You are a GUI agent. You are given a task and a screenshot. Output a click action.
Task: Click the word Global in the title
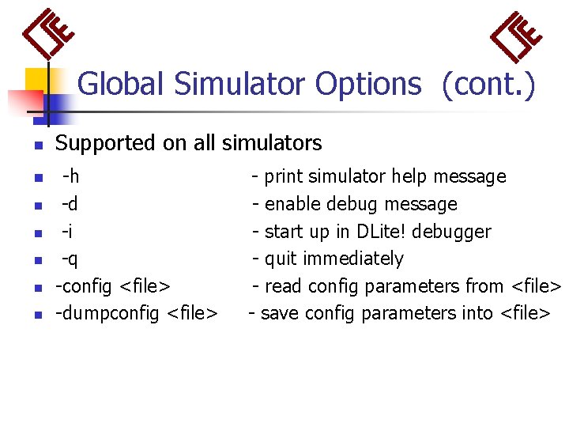coord(122,84)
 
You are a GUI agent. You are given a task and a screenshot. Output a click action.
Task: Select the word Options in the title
coord(368,84)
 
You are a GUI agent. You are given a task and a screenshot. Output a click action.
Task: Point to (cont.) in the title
coord(488,84)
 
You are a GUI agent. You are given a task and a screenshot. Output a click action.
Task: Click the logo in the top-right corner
coord(517,35)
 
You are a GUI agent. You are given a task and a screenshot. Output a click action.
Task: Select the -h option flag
coord(70,176)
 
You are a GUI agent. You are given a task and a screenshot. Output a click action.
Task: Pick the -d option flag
coord(70,204)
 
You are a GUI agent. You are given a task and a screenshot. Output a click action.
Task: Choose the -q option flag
coord(70,259)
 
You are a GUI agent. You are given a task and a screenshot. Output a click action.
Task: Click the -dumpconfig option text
coord(107,313)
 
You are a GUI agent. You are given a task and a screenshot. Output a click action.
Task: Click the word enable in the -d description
coord(290,204)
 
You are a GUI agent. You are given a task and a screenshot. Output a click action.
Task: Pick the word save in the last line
coord(279,313)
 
